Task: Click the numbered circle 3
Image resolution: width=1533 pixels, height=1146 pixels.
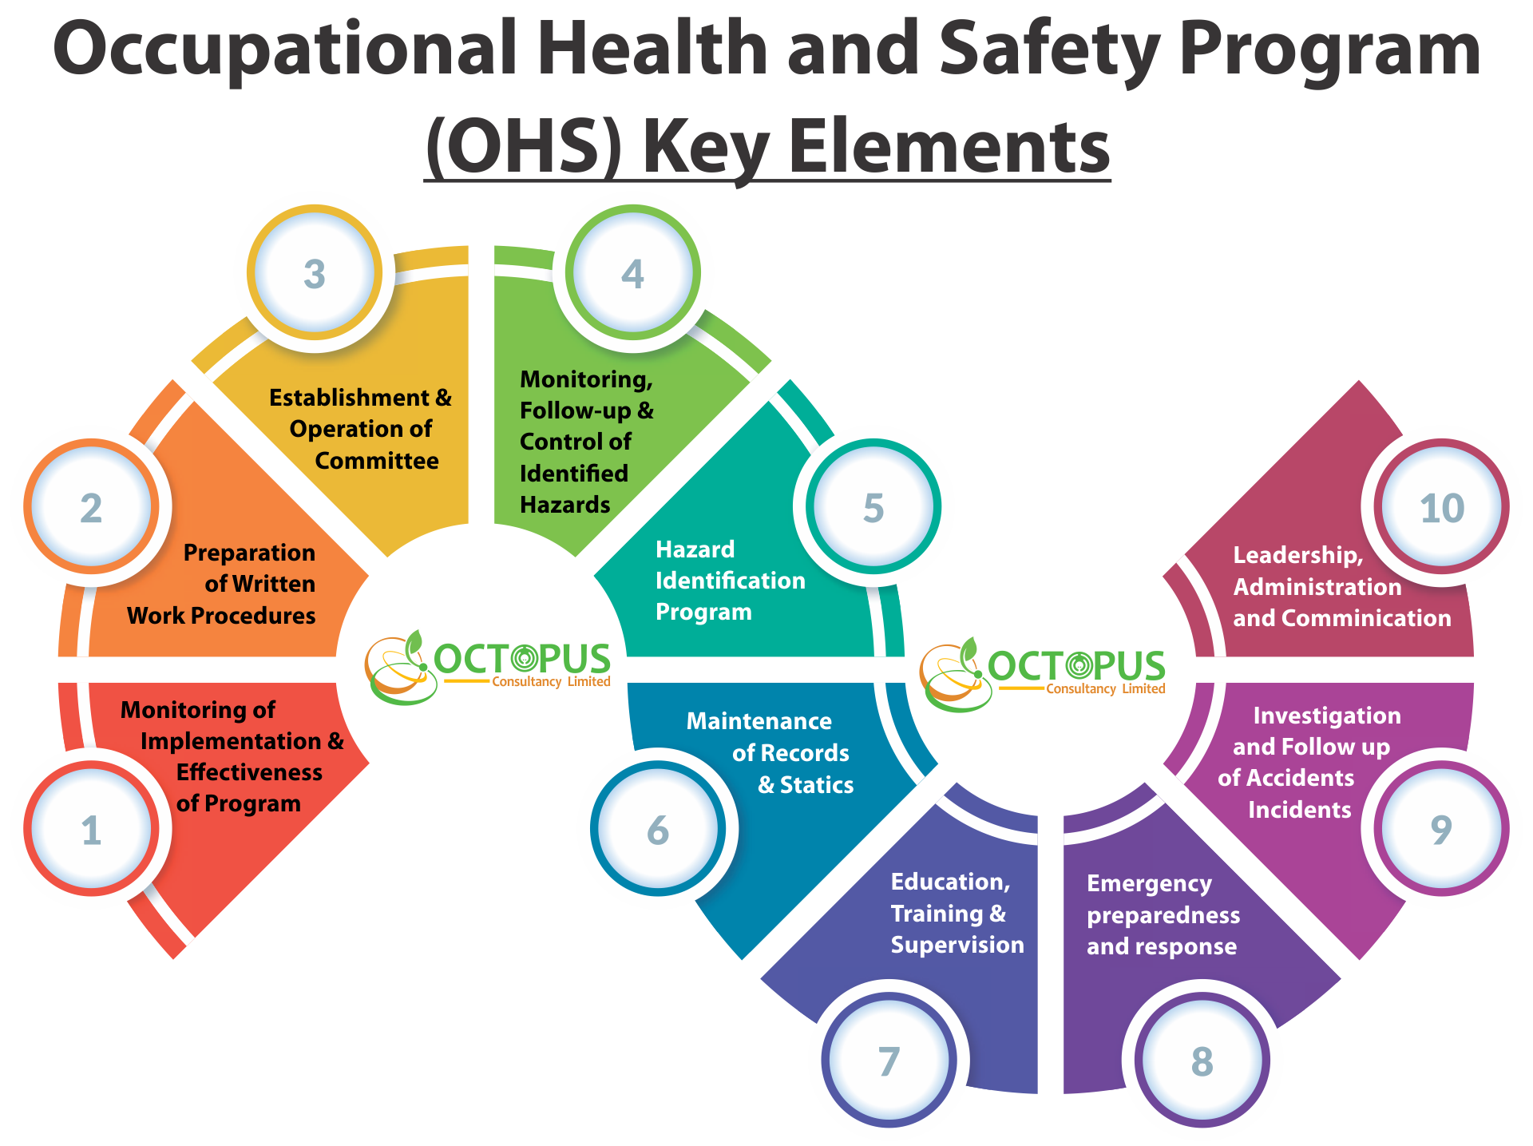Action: click(315, 272)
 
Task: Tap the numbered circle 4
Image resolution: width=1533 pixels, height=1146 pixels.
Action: click(633, 272)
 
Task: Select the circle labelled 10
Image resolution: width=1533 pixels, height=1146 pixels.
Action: click(1442, 506)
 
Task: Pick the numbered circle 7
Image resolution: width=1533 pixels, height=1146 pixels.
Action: click(889, 1060)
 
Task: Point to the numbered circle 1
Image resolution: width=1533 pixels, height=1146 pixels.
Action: click(91, 828)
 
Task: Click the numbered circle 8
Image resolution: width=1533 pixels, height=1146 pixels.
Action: click(1202, 1060)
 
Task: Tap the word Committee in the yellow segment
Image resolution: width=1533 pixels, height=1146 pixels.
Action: click(377, 461)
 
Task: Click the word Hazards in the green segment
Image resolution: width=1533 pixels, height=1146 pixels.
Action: click(565, 505)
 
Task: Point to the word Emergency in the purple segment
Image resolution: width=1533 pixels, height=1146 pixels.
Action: click(1150, 884)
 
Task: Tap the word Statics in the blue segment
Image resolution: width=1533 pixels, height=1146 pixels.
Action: click(817, 785)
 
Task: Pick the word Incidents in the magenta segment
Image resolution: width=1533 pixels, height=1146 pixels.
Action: click(1300, 810)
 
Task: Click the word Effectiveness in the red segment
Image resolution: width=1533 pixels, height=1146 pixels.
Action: click(249, 772)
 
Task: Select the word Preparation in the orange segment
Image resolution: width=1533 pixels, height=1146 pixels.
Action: click(249, 553)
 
